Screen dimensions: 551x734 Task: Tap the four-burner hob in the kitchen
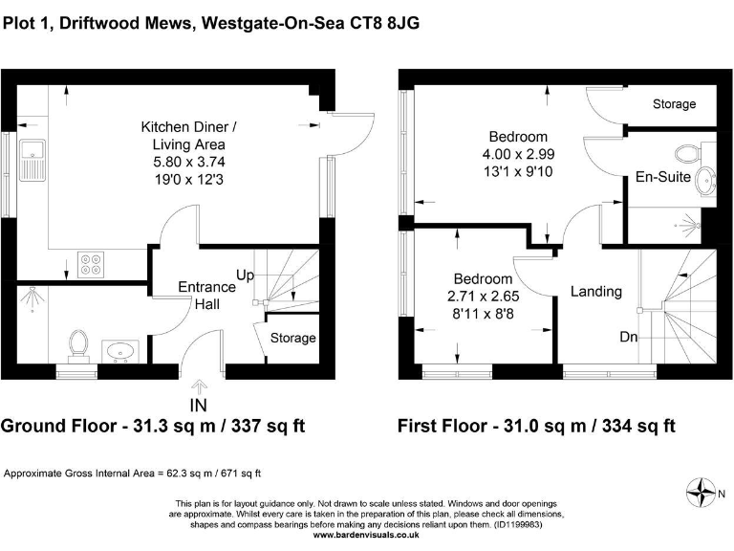point(92,263)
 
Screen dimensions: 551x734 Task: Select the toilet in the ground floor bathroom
point(79,343)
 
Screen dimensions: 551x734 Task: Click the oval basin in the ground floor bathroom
point(120,353)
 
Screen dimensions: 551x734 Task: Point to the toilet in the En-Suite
point(685,152)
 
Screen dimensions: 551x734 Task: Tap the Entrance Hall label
point(207,295)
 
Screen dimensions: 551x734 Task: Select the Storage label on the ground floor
point(292,338)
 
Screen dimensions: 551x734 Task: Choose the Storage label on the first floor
point(674,103)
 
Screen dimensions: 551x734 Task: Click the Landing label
point(596,291)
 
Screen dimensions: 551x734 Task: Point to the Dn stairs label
point(629,337)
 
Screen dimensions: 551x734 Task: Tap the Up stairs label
point(245,275)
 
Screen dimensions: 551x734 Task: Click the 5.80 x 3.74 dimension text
point(189,162)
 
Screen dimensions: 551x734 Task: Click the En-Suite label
point(662,176)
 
